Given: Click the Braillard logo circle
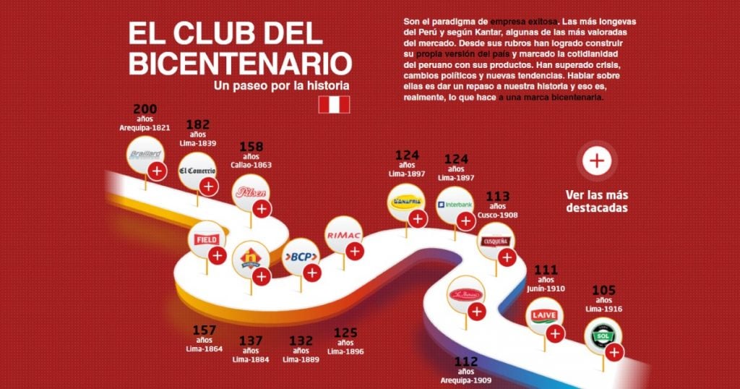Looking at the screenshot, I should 146,154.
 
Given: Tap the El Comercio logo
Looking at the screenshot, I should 197,171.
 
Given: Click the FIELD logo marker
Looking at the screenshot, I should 207,239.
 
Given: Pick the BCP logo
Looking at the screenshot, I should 299,257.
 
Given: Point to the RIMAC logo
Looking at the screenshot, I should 343,235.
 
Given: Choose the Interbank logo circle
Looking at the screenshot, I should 455,205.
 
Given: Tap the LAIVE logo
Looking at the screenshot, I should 543,317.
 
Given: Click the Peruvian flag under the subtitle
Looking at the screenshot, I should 334,105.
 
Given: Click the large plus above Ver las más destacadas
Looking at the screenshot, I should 596,161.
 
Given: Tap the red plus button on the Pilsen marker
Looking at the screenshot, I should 262,209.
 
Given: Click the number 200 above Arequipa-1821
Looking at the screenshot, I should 145,110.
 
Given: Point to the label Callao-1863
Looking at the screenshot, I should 251,165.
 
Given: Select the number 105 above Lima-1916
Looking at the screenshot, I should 603,291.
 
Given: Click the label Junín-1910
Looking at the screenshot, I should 546,288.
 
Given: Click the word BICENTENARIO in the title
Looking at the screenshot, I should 240,63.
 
